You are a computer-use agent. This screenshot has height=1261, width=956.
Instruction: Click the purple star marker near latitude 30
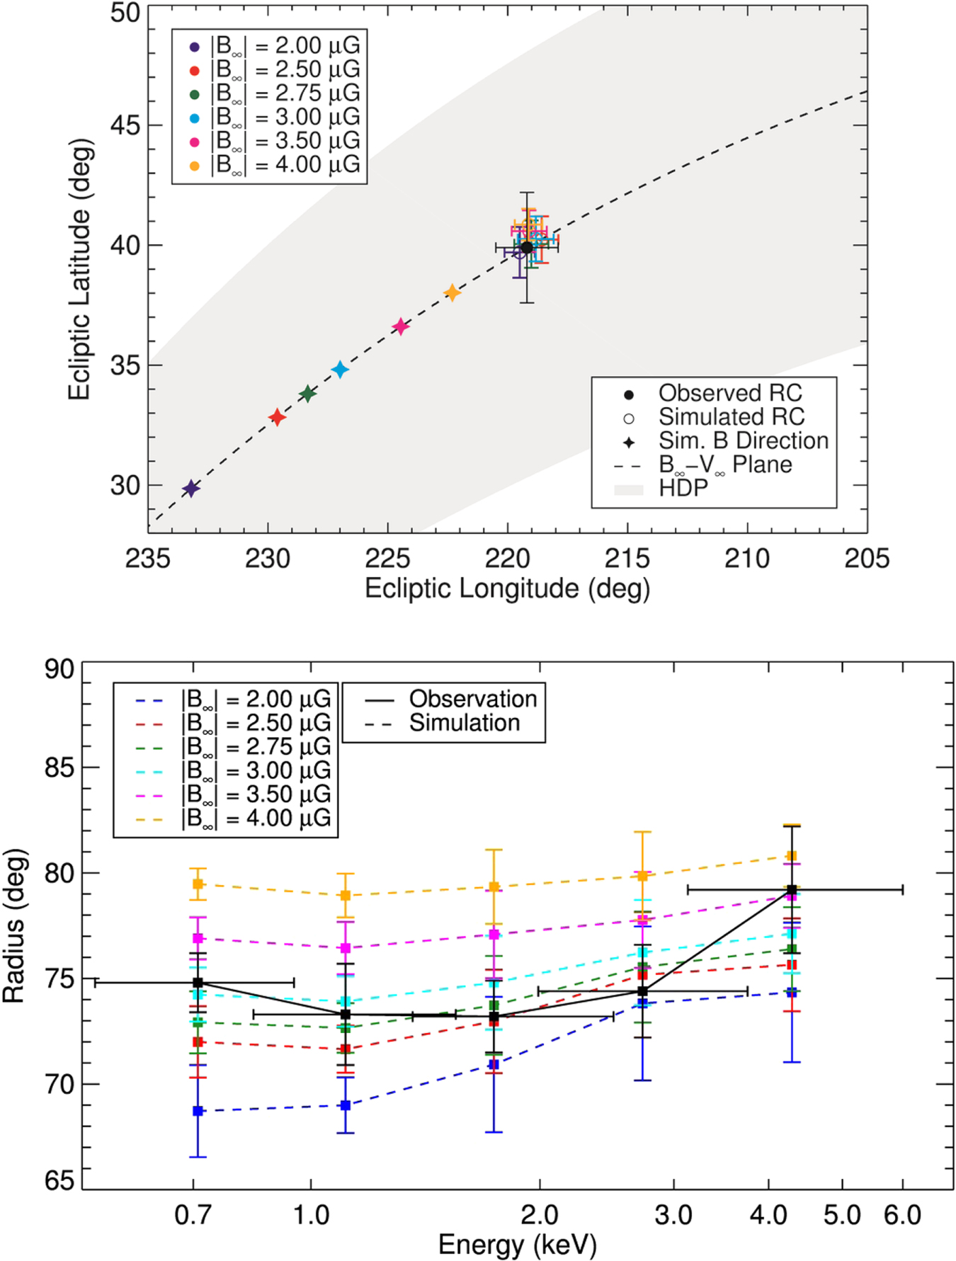click(190, 489)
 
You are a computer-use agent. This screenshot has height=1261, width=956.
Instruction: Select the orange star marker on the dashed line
click(452, 293)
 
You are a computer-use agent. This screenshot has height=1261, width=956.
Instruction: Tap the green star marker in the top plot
click(307, 394)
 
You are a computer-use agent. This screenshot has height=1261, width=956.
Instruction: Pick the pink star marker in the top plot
click(401, 326)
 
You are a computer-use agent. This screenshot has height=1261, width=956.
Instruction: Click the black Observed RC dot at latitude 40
click(527, 247)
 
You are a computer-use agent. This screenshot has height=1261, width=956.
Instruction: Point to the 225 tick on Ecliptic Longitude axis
click(387, 559)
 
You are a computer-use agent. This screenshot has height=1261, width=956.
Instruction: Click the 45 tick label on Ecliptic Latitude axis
click(125, 126)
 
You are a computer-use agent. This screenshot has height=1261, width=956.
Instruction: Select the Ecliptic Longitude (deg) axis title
click(507, 589)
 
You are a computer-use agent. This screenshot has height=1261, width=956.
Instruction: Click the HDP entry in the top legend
click(683, 489)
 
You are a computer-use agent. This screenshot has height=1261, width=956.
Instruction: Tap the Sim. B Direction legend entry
click(743, 441)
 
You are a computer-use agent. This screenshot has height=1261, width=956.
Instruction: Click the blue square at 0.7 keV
click(198, 1111)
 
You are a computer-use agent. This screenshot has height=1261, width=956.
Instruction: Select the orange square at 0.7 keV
click(198, 884)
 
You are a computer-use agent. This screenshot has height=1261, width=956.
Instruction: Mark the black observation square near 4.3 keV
click(792, 890)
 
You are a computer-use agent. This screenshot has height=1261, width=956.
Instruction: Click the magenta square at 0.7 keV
click(198, 938)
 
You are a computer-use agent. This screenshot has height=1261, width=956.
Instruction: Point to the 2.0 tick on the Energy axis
click(540, 1215)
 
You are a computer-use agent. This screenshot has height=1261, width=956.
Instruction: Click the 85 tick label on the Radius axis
click(59, 768)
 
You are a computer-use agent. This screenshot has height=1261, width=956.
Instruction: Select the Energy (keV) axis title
click(517, 1245)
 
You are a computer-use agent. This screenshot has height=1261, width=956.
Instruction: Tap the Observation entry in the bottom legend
click(472, 700)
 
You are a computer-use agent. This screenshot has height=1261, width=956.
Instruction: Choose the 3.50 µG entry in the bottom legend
click(256, 794)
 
